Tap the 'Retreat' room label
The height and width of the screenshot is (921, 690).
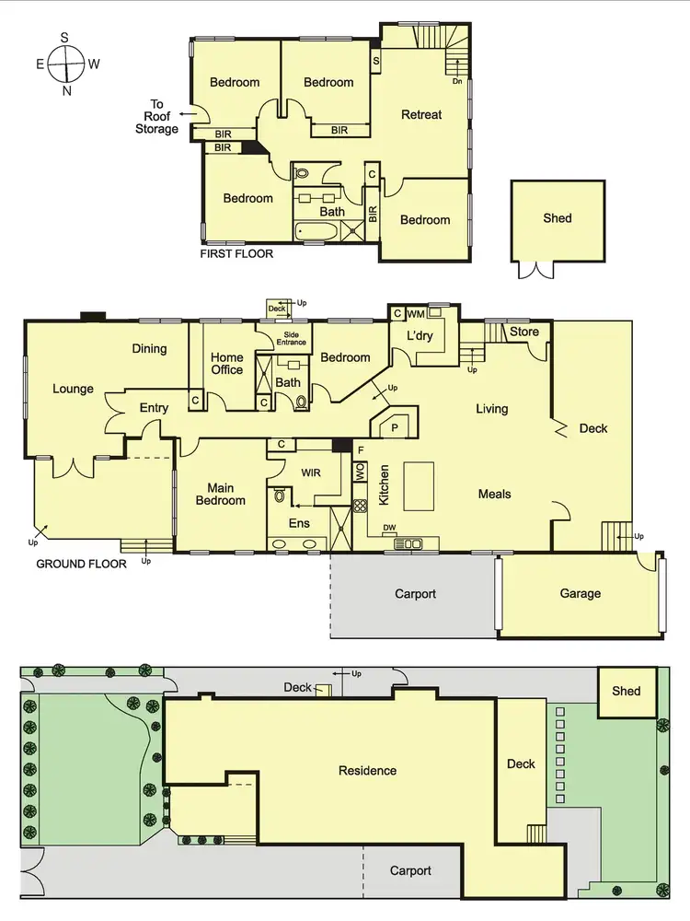(x=421, y=115)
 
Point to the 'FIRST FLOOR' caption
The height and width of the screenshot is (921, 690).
(x=236, y=253)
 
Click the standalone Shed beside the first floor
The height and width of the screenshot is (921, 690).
(x=557, y=218)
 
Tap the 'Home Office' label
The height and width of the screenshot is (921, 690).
(x=227, y=364)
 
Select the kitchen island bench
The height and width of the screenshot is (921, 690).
(x=419, y=486)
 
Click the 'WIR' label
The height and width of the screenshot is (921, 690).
(x=310, y=472)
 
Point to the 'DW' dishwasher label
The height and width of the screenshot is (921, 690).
(x=390, y=529)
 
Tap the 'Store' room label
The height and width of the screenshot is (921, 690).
(x=524, y=332)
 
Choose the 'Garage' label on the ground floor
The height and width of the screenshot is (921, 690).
(x=581, y=594)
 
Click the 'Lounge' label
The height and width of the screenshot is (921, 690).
(x=73, y=389)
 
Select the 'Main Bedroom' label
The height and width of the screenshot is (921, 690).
(x=221, y=494)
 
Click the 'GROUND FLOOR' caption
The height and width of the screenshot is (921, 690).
(x=81, y=564)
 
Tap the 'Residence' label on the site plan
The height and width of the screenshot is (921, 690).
(x=367, y=771)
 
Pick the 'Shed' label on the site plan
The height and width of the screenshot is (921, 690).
(x=627, y=691)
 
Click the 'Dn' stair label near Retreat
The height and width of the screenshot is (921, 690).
(x=457, y=80)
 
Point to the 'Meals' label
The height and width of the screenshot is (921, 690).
(x=494, y=495)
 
